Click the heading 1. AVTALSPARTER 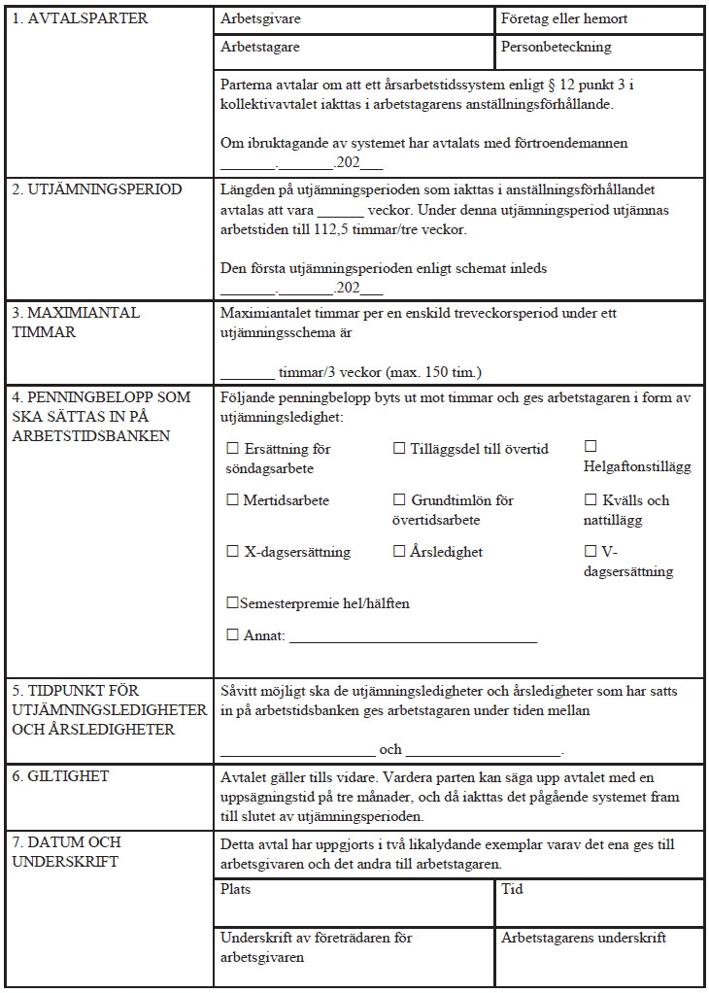(80, 19)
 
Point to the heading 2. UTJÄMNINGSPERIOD (96, 189)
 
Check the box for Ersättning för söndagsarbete (232, 449)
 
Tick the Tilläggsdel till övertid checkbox (399, 449)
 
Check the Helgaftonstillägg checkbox (591, 446)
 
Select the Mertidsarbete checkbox (232, 500)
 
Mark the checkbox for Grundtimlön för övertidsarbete (399, 500)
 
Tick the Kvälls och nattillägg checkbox (591, 500)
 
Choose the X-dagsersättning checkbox (232, 552)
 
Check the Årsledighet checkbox (399, 552)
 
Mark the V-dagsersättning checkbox (591, 552)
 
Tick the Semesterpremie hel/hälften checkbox (232, 603)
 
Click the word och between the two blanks (390, 750)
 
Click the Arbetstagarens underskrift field (599, 957)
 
